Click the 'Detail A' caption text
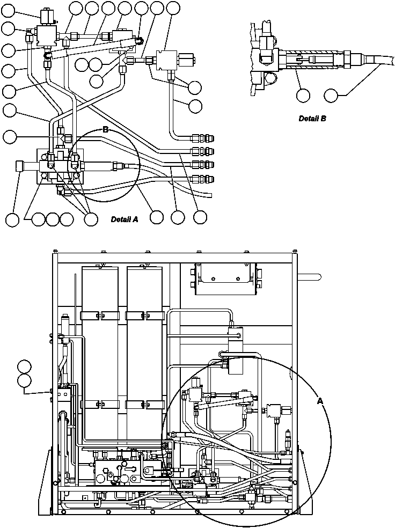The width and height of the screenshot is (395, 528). pos(125,219)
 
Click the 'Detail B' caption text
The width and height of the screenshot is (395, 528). pos(312,119)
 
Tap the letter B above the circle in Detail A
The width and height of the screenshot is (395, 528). pos(106,130)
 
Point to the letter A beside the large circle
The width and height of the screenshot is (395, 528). pos(320,400)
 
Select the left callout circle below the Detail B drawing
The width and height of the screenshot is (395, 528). pos(303,96)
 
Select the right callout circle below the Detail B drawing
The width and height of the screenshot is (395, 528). pos(332,96)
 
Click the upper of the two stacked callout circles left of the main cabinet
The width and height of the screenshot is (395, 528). pos(24,368)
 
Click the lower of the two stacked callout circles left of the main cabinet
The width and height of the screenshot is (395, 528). pos(24,381)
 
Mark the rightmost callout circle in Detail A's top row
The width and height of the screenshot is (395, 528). pos(173,8)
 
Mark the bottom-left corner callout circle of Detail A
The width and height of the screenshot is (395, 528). pos(12,219)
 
